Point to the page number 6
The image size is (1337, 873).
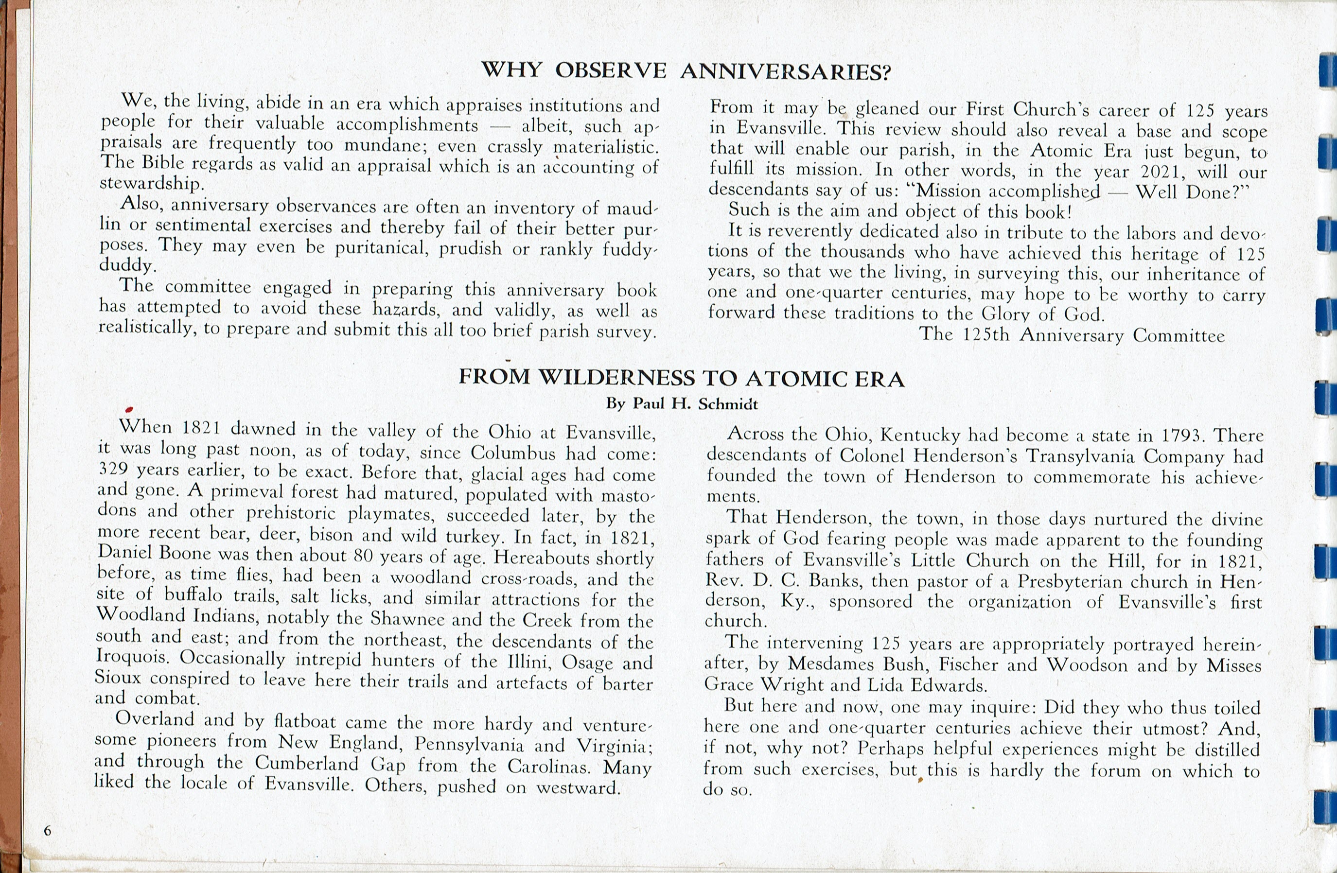47,831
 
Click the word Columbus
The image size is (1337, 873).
513,453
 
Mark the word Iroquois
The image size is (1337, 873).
133,656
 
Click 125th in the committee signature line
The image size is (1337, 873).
986,335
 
